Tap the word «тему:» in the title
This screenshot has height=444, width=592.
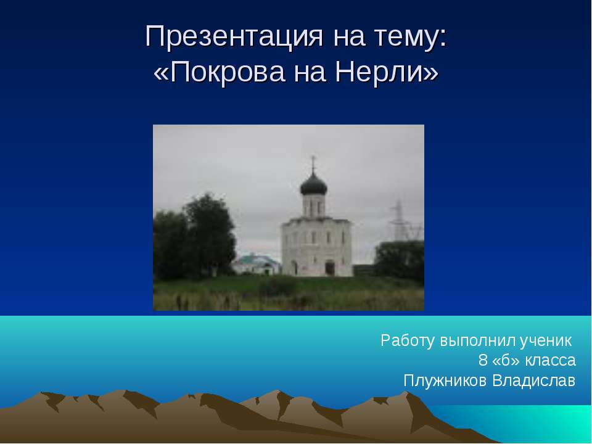[408, 38]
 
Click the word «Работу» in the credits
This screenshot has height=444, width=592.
[408, 340]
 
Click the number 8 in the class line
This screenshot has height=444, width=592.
[482, 360]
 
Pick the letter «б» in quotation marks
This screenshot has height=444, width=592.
[506, 360]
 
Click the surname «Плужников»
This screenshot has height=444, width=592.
[445, 380]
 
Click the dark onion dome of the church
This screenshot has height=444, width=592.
[313, 183]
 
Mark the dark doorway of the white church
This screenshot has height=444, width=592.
[330, 268]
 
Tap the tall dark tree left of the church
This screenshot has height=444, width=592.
[207, 234]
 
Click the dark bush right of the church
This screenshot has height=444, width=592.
[400, 259]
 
